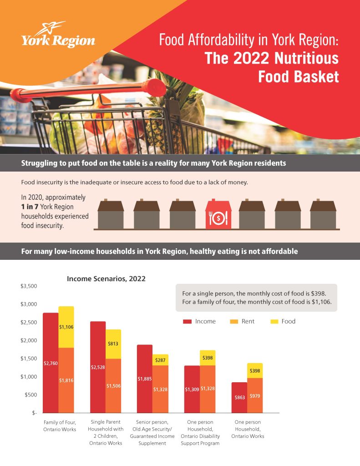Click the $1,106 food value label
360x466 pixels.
click(x=66, y=327)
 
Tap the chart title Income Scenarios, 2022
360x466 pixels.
click(x=106, y=279)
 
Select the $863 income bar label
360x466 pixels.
click(x=239, y=397)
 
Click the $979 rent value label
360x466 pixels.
click(x=255, y=396)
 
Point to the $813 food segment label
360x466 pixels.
click(x=113, y=344)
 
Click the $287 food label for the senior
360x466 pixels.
click(x=160, y=360)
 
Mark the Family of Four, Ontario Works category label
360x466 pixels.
click(x=59, y=426)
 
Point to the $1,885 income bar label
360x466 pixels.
click(x=145, y=378)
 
